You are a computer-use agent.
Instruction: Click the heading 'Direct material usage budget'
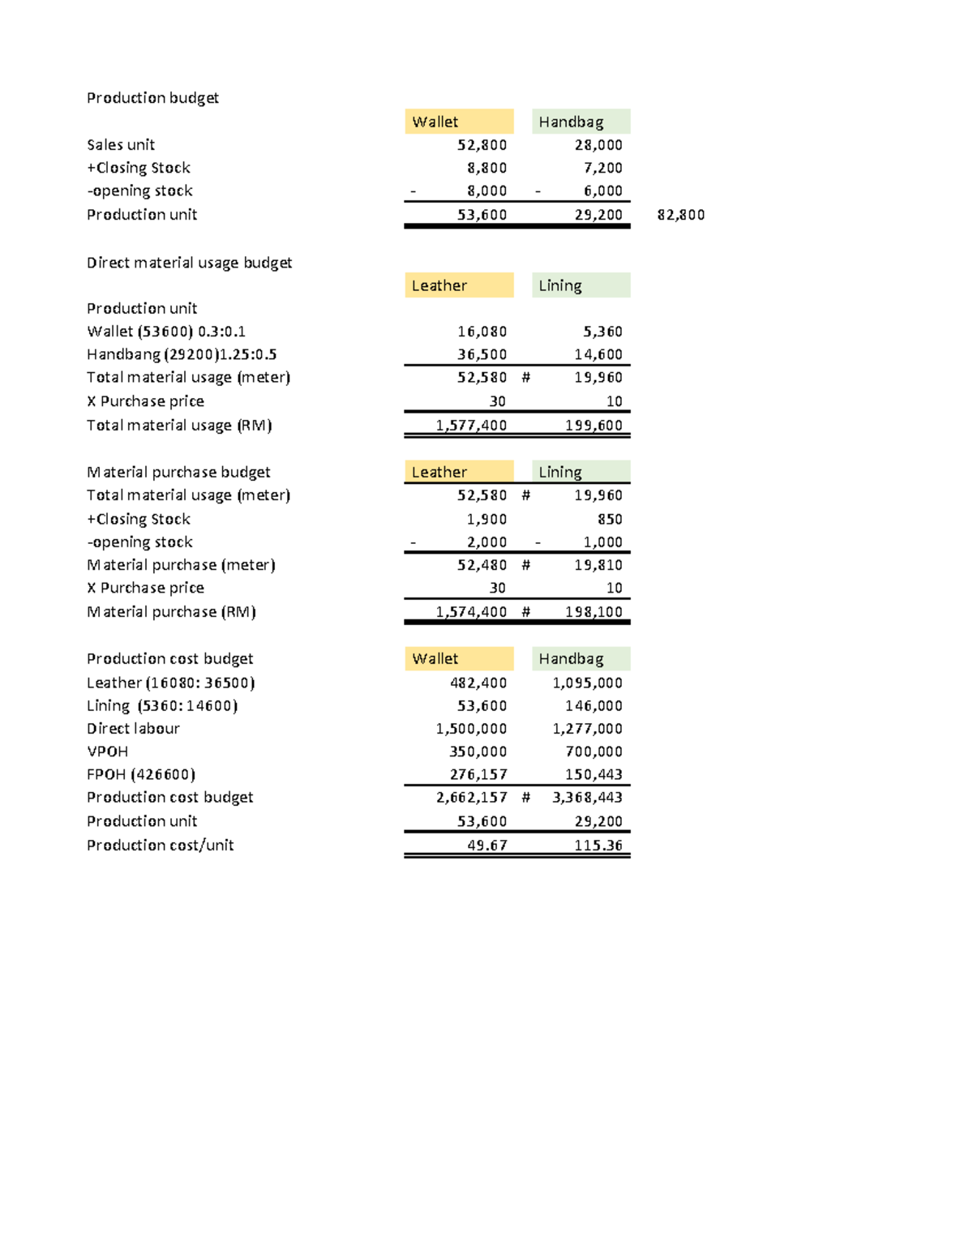[189, 263]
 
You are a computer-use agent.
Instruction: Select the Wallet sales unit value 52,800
[482, 145]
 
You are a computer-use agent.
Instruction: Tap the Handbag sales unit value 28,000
[598, 145]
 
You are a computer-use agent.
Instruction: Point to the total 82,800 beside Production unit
[680, 215]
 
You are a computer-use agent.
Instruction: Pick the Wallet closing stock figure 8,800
[486, 168]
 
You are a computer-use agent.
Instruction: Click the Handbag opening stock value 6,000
[603, 191]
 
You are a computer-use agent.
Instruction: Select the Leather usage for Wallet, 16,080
[482, 332]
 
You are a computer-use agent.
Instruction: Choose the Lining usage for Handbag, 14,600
[598, 354]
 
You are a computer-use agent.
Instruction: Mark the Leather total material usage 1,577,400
[471, 425]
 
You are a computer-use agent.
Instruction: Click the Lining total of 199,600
[594, 425]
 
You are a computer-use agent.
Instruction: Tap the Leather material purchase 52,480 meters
[482, 565]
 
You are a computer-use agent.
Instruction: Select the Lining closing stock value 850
[610, 519]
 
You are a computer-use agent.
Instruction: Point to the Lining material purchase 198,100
[594, 612]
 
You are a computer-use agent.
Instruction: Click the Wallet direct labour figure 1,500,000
[471, 729]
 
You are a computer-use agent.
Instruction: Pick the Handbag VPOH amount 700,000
[594, 752]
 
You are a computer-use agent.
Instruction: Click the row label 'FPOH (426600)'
[141, 774]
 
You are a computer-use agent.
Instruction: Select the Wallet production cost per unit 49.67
[486, 845]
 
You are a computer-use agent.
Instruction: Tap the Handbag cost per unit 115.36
[598, 845]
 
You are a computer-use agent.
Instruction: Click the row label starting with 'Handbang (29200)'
[182, 354]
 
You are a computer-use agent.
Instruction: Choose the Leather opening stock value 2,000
[486, 542]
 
